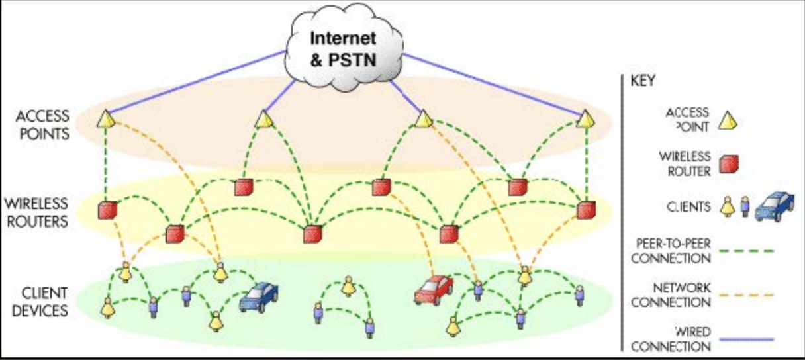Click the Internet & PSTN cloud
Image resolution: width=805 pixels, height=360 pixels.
344,48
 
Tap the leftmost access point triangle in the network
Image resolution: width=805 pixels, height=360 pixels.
106,119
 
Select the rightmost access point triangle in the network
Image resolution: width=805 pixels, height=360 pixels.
585,119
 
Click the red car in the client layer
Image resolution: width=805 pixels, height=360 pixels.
434,290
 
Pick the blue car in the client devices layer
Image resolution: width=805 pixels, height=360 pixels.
259,296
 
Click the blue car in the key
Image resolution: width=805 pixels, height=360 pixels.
775,206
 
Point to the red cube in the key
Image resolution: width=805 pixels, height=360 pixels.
729,164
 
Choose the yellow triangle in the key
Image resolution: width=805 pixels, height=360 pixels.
728,120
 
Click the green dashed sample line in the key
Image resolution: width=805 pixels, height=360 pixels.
747,251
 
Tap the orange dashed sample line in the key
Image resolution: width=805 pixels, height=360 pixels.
747,295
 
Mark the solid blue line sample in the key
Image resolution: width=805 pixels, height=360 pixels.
747,339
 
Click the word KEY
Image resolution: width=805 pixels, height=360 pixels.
643,81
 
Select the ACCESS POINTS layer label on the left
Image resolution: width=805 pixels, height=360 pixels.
43,125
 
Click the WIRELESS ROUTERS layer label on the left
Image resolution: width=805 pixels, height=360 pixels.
36,212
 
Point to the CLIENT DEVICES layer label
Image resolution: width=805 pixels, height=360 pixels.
40,302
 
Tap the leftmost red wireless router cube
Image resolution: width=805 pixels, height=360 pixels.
107,210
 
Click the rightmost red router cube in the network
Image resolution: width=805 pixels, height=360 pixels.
586,210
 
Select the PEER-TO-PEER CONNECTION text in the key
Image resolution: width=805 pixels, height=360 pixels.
671,251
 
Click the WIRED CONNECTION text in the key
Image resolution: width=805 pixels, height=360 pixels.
671,339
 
